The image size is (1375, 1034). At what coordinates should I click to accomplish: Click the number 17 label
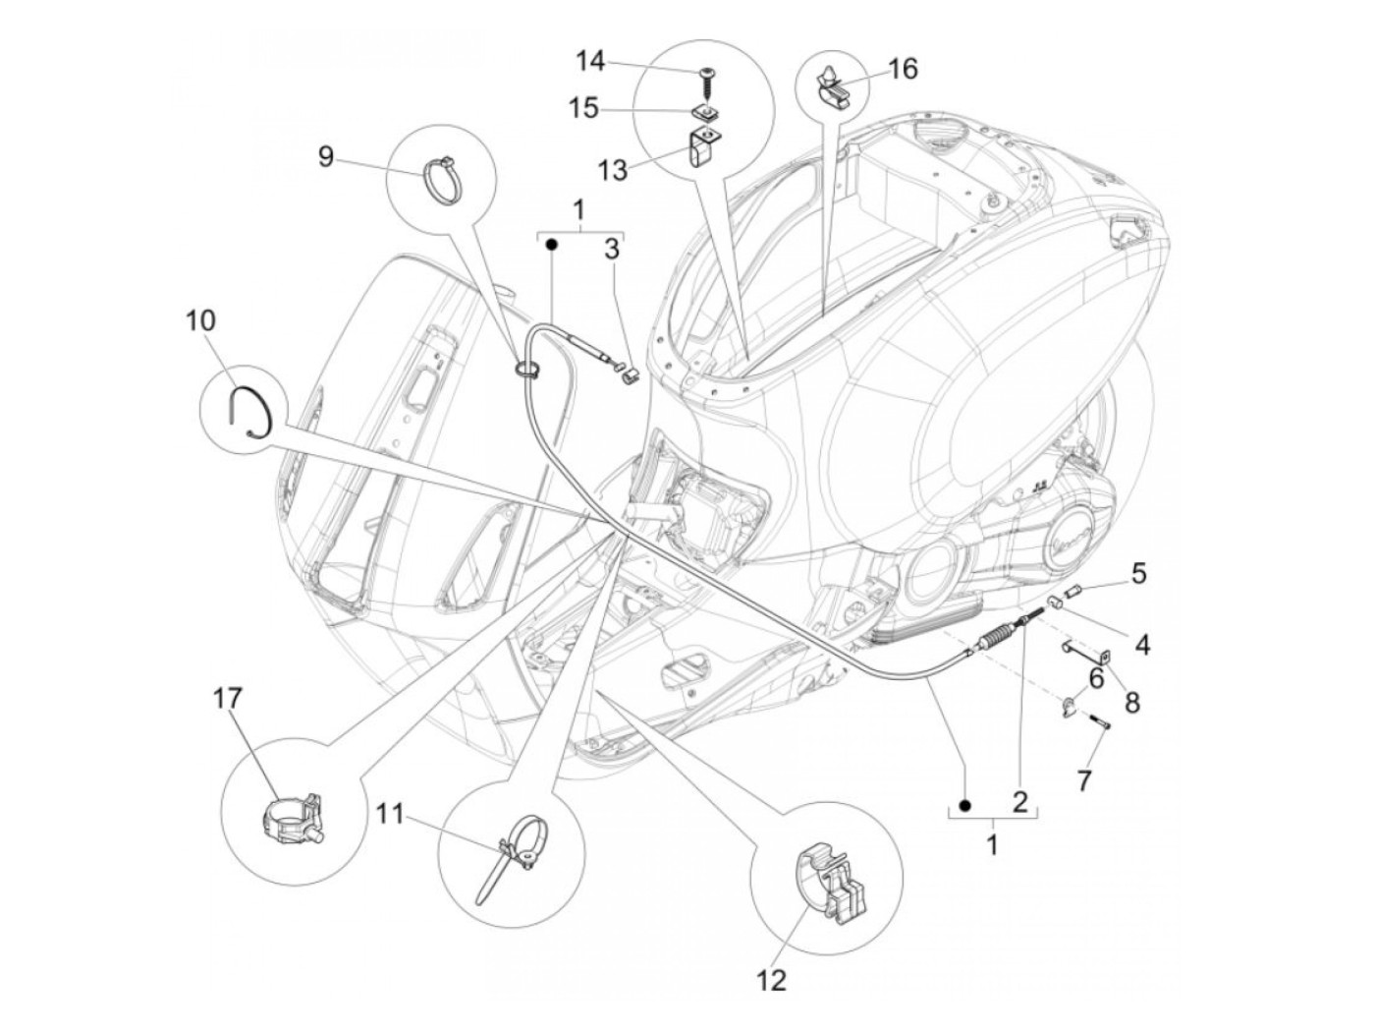tap(227, 699)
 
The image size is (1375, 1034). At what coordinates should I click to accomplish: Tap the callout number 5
tap(1138, 573)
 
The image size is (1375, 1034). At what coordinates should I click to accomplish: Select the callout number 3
tap(612, 250)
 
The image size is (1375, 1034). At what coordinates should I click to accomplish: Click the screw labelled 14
tap(705, 76)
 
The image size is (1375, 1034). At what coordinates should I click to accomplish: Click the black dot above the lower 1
tap(965, 806)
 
